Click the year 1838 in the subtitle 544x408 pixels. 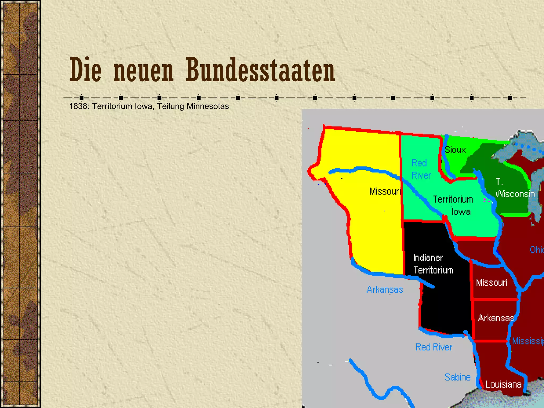pyautogui.click(x=78, y=106)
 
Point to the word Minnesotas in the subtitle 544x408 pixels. pyautogui.click(x=207, y=106)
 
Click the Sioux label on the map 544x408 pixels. pyautogui.click(x=455, y=150)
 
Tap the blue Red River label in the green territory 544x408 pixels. pyautogui.click(x=421, y=169)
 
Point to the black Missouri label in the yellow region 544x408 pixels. pyautogui.click(x=385, y=191)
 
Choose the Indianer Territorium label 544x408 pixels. pyautogui.click(x=433, y=264)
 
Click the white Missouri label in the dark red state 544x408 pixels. pyautogui.click(x=491, y=282)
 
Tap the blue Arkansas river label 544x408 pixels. pyautogui.click(x=385, y=290)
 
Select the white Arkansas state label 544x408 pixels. pyautogui.click(x=496, y=318)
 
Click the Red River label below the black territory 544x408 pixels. pyautogui.click(x=434, y=347)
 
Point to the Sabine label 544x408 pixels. pyautogui.click(x=457, y=377)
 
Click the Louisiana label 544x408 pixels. pyautogui.click(x=503, y=384)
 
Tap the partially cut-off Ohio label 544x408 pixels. pyautogui.click(x=536, y=250)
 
